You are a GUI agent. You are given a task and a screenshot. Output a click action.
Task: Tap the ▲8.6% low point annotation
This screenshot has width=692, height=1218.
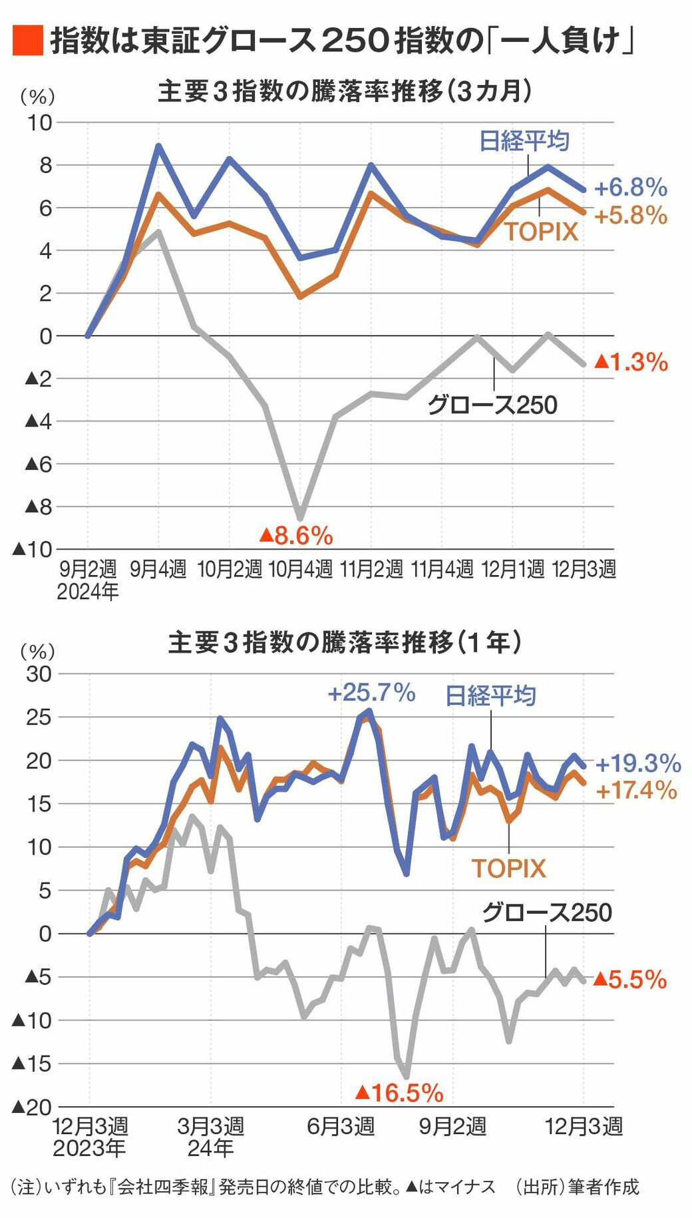296,535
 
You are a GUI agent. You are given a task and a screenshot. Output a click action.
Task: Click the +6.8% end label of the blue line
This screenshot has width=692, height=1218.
630,188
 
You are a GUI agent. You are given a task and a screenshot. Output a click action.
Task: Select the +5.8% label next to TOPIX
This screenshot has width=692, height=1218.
630,216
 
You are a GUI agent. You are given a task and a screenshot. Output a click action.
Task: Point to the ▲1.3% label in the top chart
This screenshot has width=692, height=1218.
631,362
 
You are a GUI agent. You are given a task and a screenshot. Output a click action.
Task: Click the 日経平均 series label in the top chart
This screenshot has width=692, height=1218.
524,141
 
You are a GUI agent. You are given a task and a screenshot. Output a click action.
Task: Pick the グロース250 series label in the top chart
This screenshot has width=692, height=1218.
492,405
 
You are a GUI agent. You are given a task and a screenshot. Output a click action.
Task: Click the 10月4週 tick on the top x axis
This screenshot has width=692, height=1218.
300,569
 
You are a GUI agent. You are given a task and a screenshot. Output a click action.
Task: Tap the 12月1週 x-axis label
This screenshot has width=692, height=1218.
512,569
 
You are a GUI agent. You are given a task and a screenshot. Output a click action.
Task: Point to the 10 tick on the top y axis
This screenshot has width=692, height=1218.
39,122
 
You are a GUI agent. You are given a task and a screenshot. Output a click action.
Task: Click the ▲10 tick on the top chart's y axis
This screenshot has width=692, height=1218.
32,550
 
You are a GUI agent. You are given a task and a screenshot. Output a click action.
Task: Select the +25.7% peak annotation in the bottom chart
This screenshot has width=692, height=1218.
371,693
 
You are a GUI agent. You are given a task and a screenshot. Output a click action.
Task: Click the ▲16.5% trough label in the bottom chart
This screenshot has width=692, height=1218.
399,1093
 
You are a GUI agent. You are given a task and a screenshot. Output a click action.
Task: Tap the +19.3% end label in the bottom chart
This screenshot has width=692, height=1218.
637,763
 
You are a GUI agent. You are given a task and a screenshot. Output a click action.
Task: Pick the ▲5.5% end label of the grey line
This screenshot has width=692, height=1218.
629,980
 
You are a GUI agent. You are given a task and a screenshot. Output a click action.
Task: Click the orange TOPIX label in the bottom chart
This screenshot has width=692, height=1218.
509,869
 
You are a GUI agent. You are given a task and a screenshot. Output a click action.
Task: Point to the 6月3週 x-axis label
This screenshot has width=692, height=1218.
341,1126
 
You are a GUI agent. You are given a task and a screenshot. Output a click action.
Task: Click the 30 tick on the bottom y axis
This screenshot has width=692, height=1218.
39,674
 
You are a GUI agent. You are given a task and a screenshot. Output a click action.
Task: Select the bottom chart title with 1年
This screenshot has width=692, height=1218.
345,643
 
